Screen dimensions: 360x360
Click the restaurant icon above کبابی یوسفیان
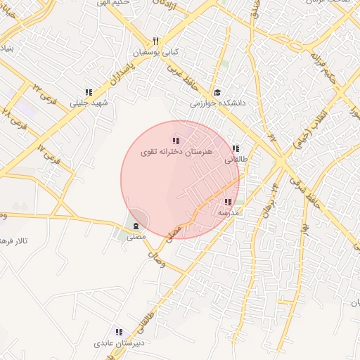(156, 41)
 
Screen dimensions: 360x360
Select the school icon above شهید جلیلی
(89, 92)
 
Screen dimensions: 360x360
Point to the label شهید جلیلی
(89, 103)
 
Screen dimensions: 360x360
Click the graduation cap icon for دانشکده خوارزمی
(218, 93)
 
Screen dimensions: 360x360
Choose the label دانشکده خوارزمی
(217, 103)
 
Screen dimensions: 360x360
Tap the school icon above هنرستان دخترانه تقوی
(176, 141)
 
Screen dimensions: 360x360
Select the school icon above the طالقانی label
(236, 148)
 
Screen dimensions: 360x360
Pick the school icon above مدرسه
(228, 201)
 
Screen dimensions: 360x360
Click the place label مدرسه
(229, 212)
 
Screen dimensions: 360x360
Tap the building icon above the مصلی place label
(135, 226)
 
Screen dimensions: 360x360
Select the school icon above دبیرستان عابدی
(119, 332)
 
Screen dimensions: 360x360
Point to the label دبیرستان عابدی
(119, 343)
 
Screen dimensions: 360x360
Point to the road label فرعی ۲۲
(39, 88)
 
